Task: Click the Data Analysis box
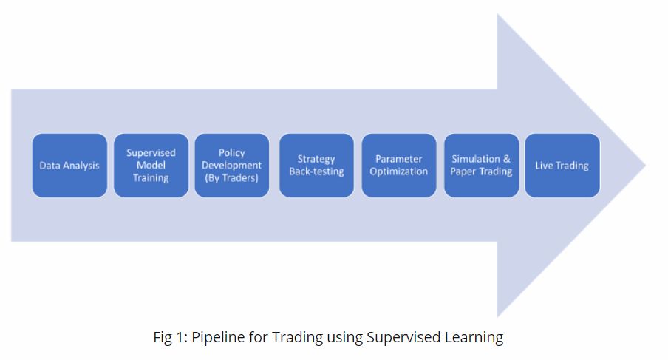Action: pos(69,166)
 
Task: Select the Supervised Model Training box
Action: pos(151,166)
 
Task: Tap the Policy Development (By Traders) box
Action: pos(232,166)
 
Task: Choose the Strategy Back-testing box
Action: pos(316,166)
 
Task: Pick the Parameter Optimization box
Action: pos(399,166)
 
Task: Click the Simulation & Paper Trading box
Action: pos(481,166)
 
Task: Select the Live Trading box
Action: pos(562,166)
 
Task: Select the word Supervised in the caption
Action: pos(403,338)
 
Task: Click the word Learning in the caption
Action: pos(474,338)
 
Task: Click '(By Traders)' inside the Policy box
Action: pos(232,178)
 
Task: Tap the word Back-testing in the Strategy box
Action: pos(316,172)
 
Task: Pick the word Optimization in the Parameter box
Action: pos(399,172)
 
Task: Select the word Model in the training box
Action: pos(151,166)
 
